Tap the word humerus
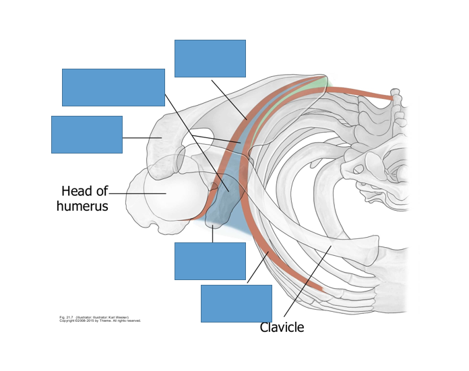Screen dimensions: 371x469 click(x=82, y=206)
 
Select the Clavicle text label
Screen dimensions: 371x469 click(x=282, y=328)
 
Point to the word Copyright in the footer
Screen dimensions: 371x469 click(x=69, y=321)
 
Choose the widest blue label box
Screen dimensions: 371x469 click(x=113, y=88)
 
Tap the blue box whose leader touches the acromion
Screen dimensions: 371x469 click(x=87, y=135)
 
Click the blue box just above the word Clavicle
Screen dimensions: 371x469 click(x=236, y=303)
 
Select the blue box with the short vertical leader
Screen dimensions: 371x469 click(x=210, y=261)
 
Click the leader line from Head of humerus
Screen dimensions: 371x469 click(x=138, y=194)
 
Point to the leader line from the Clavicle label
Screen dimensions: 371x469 click(x=307, y=283)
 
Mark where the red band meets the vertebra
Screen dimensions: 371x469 click(x=390, y=98)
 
